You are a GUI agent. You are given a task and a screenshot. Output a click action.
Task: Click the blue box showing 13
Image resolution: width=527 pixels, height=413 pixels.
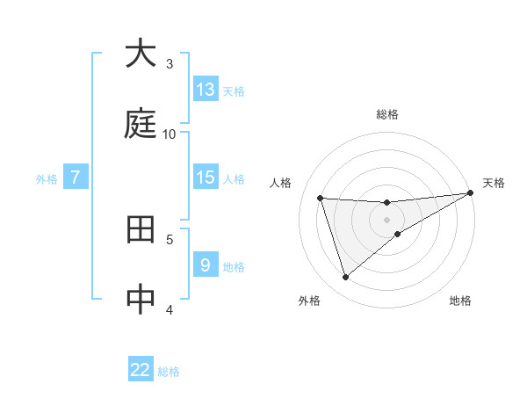click(x=206, y=90)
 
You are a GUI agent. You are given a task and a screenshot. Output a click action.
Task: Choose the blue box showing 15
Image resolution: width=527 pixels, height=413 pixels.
click(x=206, y=178)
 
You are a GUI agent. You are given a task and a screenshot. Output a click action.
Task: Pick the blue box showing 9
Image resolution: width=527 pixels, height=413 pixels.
click(x=206, y=265)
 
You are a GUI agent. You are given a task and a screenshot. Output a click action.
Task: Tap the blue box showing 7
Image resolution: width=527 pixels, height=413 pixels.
click(x=76, y=178)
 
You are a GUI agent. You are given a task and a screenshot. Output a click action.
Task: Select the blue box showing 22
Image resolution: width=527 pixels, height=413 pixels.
click(x=141, y=370)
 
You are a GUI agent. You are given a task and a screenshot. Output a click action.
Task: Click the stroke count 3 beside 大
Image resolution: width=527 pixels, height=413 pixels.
click(x=170, y=63)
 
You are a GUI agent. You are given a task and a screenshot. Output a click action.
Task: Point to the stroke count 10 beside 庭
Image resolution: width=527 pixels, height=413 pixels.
click(x=170, y=134)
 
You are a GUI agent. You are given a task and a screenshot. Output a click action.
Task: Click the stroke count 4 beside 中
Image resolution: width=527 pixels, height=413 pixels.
click(x=170, y=309)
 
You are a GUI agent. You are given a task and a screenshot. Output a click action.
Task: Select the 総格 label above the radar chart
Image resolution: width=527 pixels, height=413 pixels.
click(x=387, y=114)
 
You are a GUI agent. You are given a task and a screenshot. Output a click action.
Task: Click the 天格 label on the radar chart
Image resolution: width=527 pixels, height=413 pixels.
click(x=494, y=183)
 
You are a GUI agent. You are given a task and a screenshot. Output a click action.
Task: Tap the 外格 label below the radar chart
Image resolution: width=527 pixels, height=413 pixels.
click(x=309, y=301)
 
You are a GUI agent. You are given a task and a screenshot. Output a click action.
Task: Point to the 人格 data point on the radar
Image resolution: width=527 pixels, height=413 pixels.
click(x=321, y=198)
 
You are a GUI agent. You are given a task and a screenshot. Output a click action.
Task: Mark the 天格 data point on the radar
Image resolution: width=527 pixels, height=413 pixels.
click(x=470, y=193)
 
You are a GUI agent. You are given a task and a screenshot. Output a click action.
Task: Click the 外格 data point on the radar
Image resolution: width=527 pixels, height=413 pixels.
click(x=345, y=278)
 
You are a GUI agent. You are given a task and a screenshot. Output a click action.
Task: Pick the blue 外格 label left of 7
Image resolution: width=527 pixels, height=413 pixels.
click(x=47, y=178)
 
